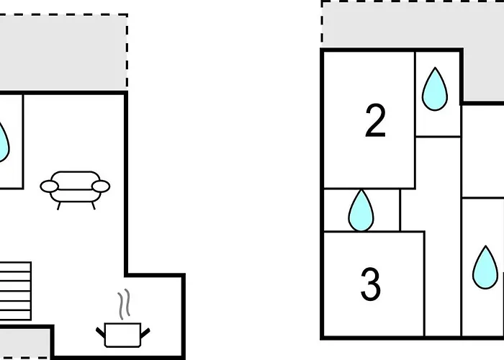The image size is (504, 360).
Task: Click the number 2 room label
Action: [x=375, y=120]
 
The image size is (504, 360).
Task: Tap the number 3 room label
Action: [x=371, y=284]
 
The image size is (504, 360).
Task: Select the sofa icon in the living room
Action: [x=75, y=190]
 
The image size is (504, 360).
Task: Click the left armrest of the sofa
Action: [x=49, y=186]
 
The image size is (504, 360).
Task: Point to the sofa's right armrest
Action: [x=101, y=186]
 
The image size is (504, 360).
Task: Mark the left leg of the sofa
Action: [x=59, y=206]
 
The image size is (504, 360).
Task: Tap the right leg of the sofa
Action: [x=94, y=206]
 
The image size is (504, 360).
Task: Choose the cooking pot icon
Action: [x=123, y=335]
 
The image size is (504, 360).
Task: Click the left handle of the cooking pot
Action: [x=101, y=333]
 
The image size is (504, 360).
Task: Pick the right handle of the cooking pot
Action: [x=145, y=333]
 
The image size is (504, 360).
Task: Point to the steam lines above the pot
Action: [x=124, y=304]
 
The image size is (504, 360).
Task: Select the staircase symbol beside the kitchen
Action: [x=15, y=291]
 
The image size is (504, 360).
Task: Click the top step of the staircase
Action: [x=15, y=267]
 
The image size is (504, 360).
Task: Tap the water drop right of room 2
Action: [x=435, y=89]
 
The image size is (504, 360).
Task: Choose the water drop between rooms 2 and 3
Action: [x=361, y=210]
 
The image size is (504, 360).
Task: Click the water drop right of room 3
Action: [x=485, y=267]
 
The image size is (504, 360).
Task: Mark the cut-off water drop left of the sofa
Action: [x=4, y=142]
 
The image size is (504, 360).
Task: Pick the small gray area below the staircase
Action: [x=24, y=343]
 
